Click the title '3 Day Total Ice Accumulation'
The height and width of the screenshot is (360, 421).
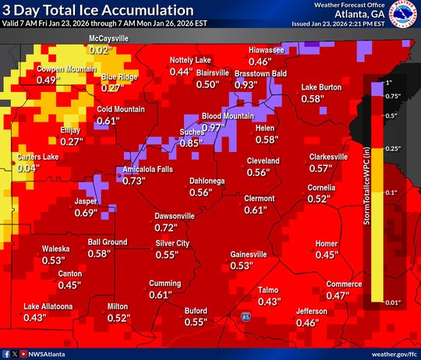point(97,11)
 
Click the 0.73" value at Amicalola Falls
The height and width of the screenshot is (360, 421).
point(135,180)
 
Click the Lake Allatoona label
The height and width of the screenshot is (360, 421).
point(48,306)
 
